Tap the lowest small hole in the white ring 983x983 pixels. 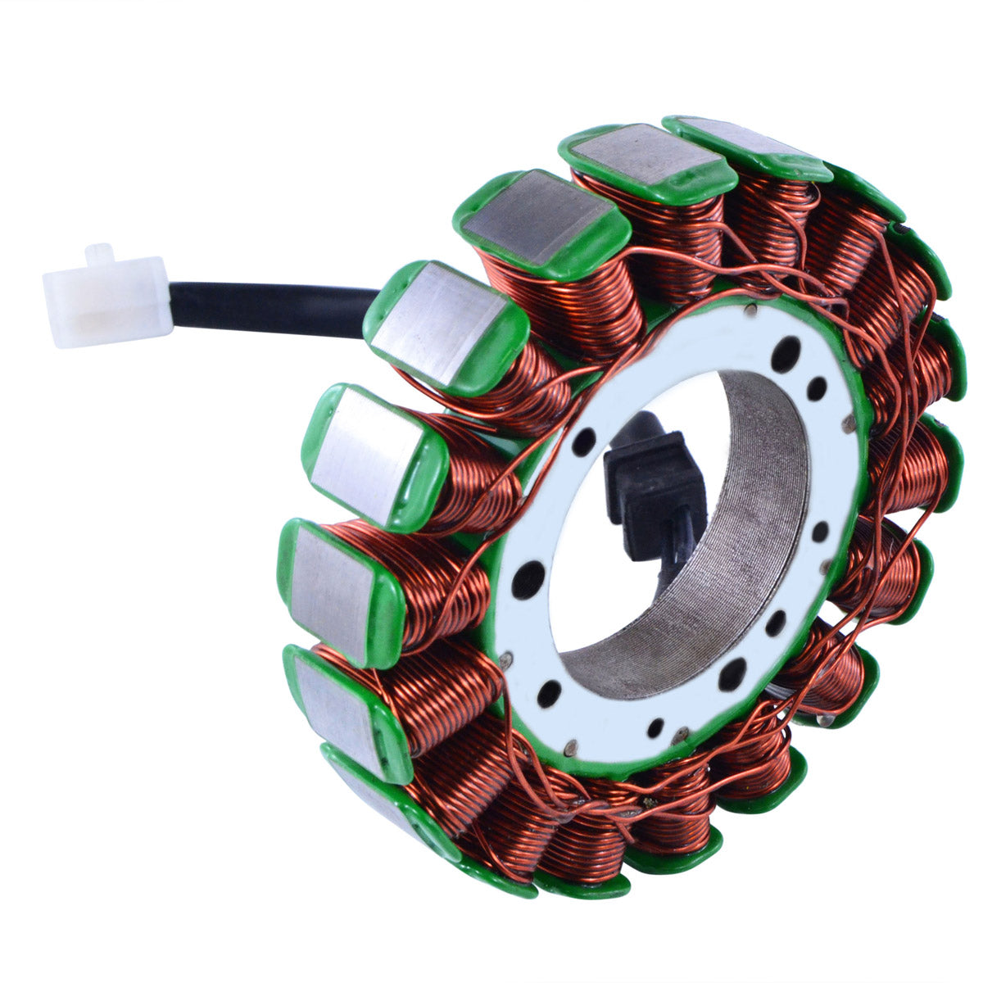pyautogui.click(x=656, y=727)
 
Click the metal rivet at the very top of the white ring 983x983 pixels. pyautogui.click(x=751, y=310)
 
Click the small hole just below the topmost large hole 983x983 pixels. pyautogui.click(x=816, y=388)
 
